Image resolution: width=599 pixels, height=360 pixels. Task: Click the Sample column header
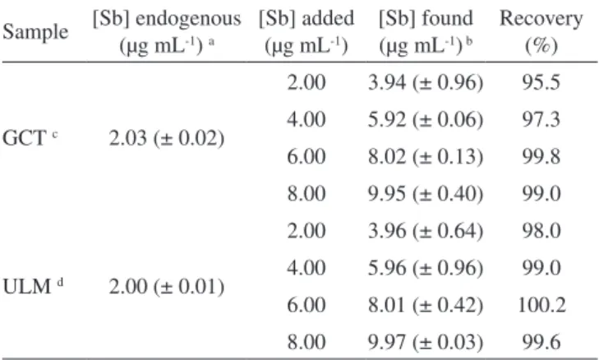(x=35, y=32)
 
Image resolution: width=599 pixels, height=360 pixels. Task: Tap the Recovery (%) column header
(x=541, y=32)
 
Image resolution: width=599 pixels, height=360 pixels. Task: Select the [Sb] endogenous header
(x=167, y=33)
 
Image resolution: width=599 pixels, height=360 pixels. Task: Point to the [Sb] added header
(x=306, y=33)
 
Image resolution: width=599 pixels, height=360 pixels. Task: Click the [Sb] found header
(x=426, y=33)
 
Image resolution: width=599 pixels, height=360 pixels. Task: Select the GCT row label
(x=30, y=138)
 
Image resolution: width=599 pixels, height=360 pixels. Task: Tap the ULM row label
(x=33, y=286)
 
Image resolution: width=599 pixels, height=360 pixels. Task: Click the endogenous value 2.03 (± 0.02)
(x=167, y=138)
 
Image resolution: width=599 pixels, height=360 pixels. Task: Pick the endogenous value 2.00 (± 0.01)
(x=167, y=286)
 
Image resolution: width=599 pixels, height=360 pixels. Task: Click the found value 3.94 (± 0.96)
(x=426, y=82)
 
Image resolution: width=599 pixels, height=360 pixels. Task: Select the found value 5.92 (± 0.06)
(x=426, y=119)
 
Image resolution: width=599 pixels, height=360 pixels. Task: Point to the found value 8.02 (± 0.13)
(x=426, y=156)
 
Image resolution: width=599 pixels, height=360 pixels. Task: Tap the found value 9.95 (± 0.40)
(x=426, y=193)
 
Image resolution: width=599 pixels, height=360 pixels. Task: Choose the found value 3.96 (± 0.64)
(x=426, y=230)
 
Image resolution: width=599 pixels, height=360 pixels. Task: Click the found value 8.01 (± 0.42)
(x=426, y=305)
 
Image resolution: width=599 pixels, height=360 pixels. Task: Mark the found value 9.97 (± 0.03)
(x=426, y=342)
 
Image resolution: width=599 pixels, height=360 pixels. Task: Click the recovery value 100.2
(x=541, y=305)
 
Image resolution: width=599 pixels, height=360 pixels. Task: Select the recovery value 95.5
(x=541, y=82)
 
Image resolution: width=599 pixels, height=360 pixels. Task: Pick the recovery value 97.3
(x=541, y=119)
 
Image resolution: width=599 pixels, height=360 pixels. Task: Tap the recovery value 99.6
(x=541, y=342)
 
